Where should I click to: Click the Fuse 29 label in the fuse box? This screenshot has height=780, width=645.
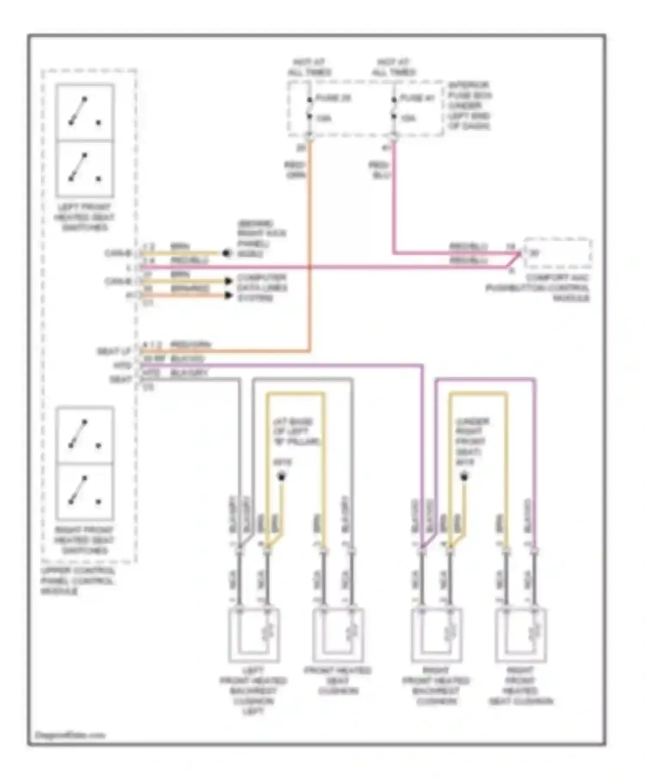click(x=333, y=98)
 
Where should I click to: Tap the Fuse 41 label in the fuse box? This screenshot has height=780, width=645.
click(x=417, y=98)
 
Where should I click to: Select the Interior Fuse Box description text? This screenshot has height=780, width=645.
click(x=469, y=105)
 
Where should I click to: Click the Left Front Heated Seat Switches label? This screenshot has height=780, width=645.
click(x=84, y=217)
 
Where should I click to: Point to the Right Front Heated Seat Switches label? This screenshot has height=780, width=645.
click(x=84, y=540)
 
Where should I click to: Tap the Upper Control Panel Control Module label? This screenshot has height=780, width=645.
click(x=77, y=581)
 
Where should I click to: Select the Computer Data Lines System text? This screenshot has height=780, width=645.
click(x=262, y=288)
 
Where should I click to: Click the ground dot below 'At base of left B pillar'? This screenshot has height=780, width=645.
click(x=282, y=477)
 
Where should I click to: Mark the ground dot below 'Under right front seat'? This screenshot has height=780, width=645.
click(x=464, y=477)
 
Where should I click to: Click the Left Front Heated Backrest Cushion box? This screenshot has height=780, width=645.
click(x=254, y=635)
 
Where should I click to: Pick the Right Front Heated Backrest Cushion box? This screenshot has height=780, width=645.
click(x=436, y=635)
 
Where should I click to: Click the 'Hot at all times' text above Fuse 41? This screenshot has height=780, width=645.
click(x=394, y=68)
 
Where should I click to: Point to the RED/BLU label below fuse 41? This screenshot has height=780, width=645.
click(x=379, y=170)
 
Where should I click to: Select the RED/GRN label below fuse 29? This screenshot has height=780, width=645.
click(x=295, y=170)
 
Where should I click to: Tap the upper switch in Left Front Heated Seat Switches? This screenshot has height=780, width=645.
click(x=85, y=112)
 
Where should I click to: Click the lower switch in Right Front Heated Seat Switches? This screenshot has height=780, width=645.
click(x=85, y=491)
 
